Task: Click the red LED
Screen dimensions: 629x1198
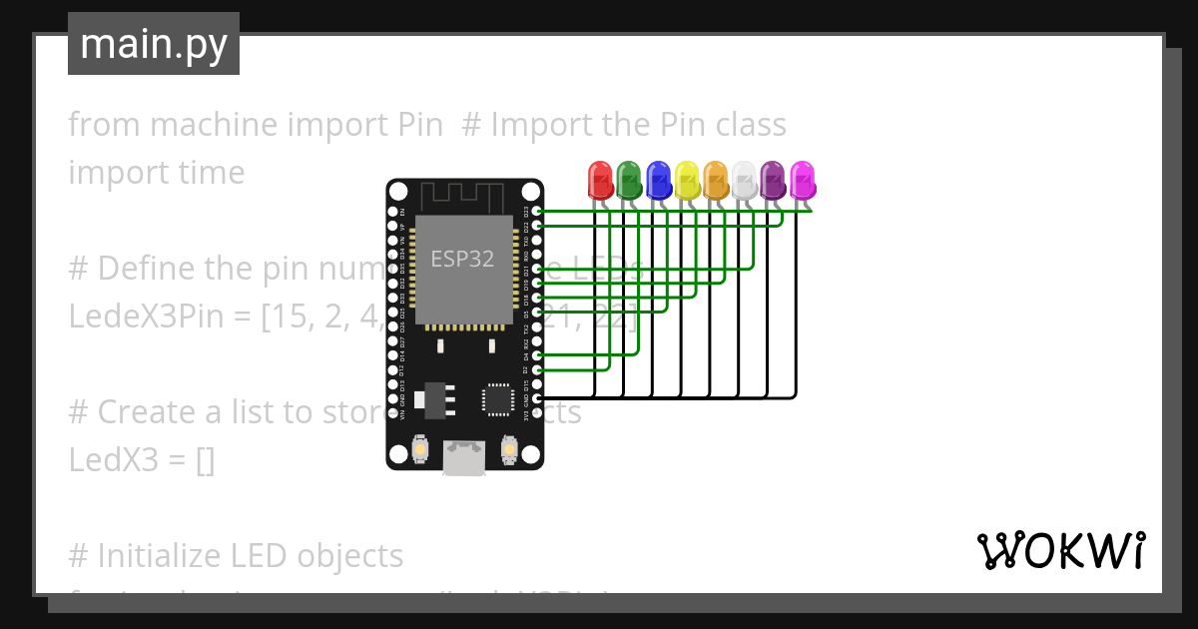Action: tap(600, 181)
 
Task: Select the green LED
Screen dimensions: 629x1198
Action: tap(629, 181)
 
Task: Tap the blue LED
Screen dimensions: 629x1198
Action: tap(658, 181)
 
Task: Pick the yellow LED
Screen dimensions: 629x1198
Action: tap(687, 181)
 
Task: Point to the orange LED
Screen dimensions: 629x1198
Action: tap(716, 181)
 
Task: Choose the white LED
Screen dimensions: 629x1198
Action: tap(745, 181)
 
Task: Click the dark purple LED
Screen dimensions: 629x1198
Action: tap(774, 181)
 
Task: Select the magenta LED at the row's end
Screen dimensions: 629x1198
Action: tap(803, 181)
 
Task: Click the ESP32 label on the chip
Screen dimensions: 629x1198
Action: tap(462, 260)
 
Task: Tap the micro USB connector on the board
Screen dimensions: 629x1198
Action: tap(463, 458)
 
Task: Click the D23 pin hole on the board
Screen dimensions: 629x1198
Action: tap(539, 212)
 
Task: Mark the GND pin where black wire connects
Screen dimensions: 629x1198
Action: tap(539, 398)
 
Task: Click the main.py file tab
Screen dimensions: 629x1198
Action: tap(154, 44)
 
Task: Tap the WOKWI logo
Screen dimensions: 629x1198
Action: tap(1061, 550)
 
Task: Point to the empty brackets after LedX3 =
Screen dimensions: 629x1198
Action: tap(206, 460)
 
